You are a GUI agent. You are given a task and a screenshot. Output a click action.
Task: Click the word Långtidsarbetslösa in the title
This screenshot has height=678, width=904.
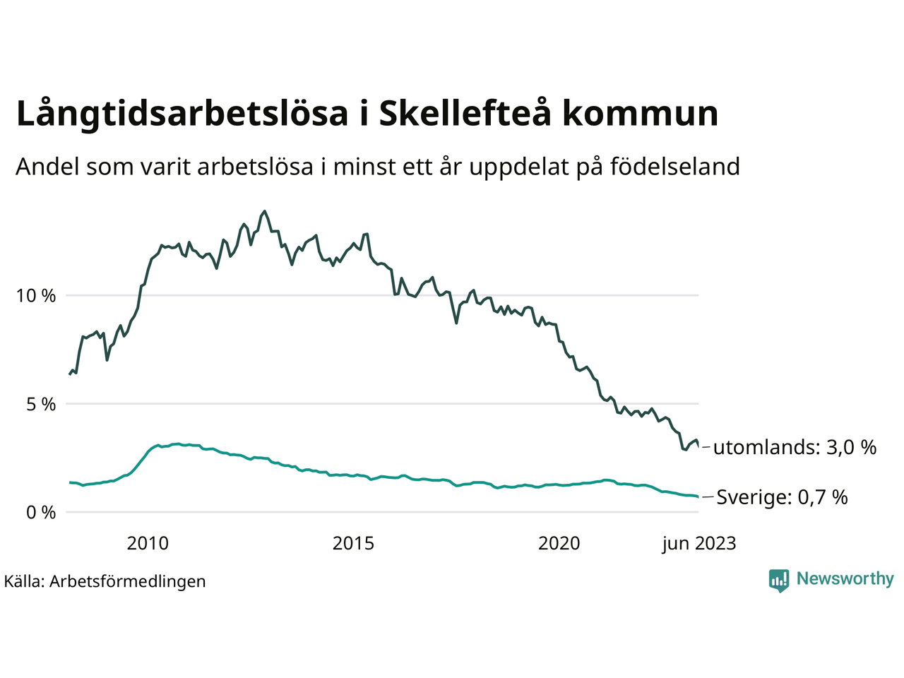[182, 114]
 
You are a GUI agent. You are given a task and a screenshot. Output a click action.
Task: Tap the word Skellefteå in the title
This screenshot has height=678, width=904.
[465, 113]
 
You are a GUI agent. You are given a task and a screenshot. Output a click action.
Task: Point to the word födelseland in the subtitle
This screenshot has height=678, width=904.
[674, 167]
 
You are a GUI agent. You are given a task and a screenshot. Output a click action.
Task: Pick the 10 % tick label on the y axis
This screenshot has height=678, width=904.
[36, 296]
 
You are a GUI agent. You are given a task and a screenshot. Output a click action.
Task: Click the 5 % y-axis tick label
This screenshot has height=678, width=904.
[40, 405]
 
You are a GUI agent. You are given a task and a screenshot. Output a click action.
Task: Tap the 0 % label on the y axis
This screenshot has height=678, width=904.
[40, 513]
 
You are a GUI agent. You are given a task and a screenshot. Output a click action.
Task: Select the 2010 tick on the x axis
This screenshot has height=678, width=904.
[148, 543]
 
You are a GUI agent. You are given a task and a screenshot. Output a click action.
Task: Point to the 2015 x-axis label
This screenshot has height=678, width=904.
[353, 543]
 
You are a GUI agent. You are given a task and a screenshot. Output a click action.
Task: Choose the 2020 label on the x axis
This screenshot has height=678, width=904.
[559, 543]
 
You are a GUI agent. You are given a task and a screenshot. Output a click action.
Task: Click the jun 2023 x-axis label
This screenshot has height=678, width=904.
[698, 543]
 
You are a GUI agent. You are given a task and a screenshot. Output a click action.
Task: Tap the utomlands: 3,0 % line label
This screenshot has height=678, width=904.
[795, 447]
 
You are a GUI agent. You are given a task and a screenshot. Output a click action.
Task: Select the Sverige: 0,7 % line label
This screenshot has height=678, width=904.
[782, 497]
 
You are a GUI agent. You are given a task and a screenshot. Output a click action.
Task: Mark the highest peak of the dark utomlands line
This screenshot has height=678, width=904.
[265, 211]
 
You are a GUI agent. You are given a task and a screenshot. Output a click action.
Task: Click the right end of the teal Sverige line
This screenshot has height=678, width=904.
[698, 496]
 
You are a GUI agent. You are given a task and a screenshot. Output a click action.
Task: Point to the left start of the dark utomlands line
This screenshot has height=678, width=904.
[69, 374]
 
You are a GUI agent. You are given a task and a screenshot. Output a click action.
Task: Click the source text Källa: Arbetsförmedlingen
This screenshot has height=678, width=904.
[105, 581]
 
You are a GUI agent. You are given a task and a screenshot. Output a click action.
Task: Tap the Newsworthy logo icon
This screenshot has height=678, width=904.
[779, 581]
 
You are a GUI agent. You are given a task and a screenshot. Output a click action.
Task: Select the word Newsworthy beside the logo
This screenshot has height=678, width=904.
[845, 579]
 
